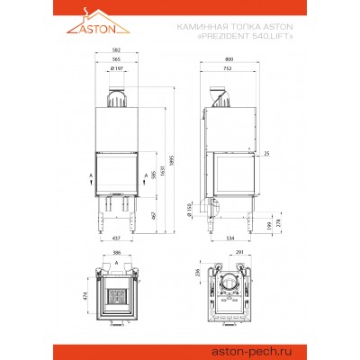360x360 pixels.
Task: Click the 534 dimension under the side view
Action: [x=231, y=238]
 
